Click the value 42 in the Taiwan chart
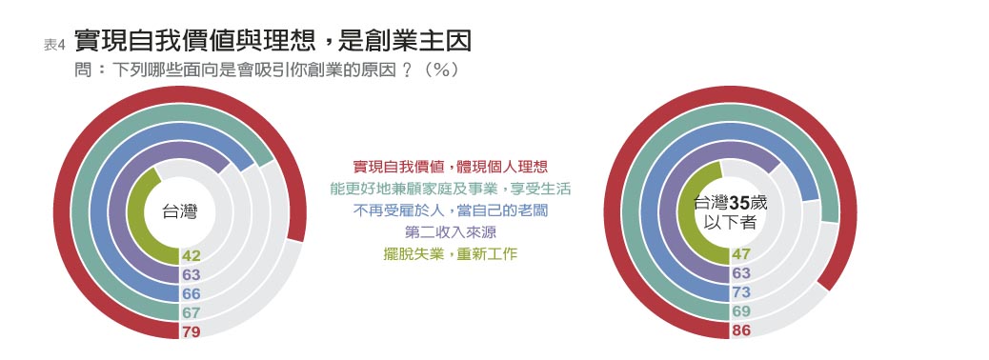[191, 255]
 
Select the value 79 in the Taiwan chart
[191, 331]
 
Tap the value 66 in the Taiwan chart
[191, 293]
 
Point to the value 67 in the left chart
[191, 312]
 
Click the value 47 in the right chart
[741, 254]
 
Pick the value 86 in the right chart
[741, 330]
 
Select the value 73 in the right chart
[741, 292]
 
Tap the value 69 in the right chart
[741, 311]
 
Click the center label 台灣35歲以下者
[729, 211]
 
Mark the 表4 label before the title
[54, 45]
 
